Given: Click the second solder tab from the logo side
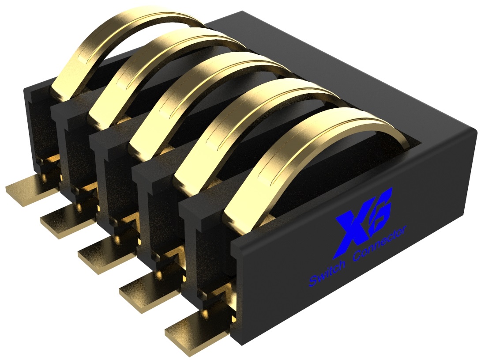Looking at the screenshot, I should pyautogui.click(x=148, y=294).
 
